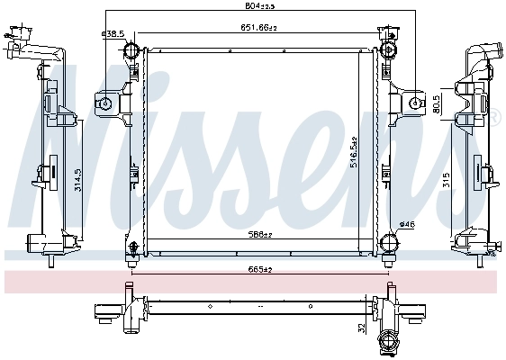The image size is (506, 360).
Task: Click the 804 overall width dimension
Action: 262,6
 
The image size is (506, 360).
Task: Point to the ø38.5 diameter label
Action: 113,33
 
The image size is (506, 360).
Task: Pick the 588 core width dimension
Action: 262,237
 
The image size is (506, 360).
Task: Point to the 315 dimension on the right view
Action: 447,180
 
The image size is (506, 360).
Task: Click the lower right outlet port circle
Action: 390,242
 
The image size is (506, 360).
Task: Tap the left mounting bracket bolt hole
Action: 105,104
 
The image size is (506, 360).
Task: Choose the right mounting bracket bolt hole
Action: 417,104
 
